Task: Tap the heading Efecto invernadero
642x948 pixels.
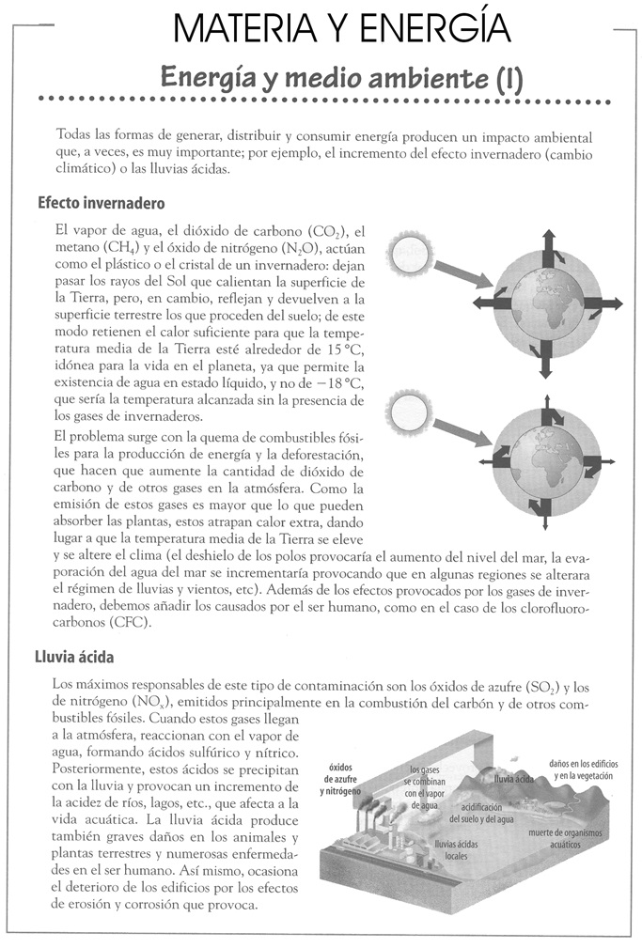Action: pos(102,203)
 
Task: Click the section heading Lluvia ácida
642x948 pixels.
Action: pos(76,658)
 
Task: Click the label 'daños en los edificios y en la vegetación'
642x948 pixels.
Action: pos(581,769)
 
